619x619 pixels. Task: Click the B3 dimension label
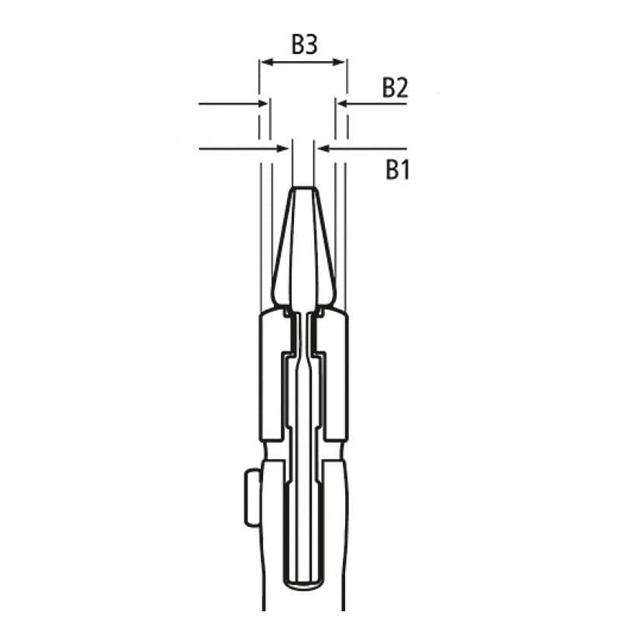click(x=304, y=45)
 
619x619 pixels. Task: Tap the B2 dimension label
click(x=395, y=88)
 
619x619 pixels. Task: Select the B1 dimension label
click(x=397, y=169)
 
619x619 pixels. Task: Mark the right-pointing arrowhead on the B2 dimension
click(x=262, y=103)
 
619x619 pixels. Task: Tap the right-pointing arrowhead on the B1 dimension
click(x=285, y=147)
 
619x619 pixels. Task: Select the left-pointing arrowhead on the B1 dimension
click(x=323, y=147)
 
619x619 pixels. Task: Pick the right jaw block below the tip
click(x=336, y=371)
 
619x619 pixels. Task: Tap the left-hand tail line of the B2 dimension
click(x=226, y=103)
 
